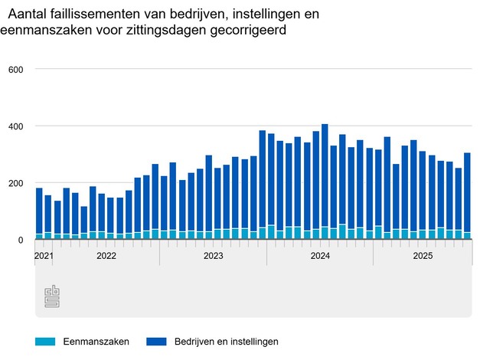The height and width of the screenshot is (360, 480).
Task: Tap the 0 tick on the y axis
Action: pos(21,240)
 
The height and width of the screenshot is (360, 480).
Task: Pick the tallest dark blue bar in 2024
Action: pos(325,176)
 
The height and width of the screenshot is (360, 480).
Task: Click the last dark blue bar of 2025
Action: pos(467,192)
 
